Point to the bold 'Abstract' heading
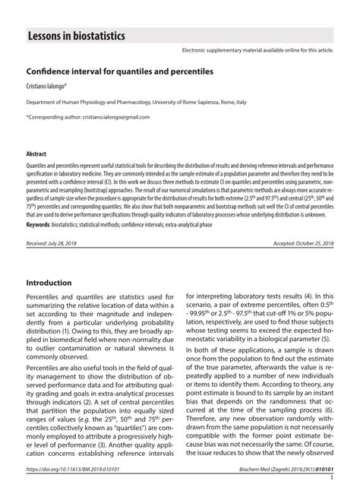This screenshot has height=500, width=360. pyautogui.click(x=36, y=153)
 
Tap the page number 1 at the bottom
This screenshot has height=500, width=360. pyautogui.click(x=333, y=480)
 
